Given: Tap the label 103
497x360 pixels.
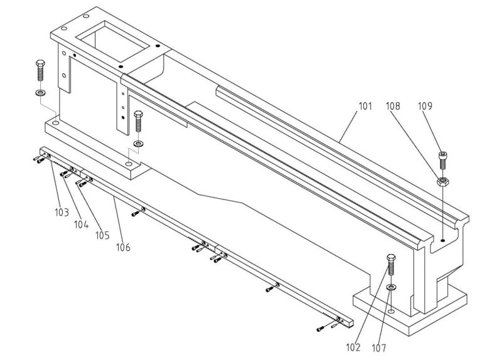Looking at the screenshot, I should coord(61,213).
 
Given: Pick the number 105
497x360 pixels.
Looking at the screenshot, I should coord(102,235).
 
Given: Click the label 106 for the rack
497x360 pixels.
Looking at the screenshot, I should coord(123,248).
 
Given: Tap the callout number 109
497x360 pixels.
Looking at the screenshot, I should coord(425,107).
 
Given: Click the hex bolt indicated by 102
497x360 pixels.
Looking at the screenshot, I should coord(392,266).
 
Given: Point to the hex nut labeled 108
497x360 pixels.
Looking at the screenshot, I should coord(443,182).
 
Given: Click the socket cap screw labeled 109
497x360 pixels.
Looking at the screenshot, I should coord(443,159).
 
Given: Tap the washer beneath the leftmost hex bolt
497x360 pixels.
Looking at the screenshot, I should coord(41,93).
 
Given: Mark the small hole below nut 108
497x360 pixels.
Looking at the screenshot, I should coord(443,240).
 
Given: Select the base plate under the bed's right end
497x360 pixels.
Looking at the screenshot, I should coord(408,314).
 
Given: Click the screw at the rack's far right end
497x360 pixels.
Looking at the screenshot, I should coord(322,328).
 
